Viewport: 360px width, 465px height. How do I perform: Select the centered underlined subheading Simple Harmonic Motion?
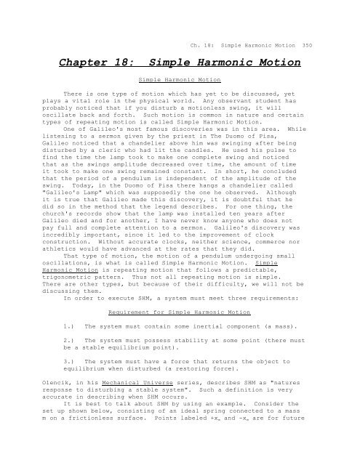tap(179, 76)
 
